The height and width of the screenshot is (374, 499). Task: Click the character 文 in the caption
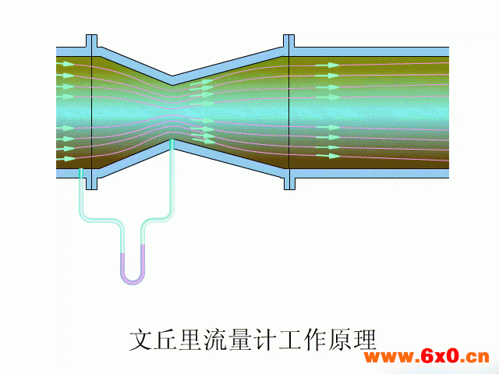[x=140, y=340]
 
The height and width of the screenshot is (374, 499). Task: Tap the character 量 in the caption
[x=239, y=340]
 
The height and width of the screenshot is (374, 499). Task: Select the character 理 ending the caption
[x=365, y=340]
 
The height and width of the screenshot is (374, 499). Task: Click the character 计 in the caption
[x=264, y=340]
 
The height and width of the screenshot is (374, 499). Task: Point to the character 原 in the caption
[x=340, y=340]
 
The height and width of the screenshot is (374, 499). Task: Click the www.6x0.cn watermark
[x=426, y=357]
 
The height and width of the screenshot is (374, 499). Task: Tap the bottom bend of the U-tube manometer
[x=133, y=279]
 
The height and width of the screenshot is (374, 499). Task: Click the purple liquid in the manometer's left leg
[x=123, y=264]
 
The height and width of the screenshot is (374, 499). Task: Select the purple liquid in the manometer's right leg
[x=142, y=260]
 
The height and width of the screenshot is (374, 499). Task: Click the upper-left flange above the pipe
[x=92, y=41]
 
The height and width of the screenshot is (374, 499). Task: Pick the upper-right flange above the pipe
[x=289, y=41]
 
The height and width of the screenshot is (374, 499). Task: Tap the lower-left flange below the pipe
[x=92, y=184]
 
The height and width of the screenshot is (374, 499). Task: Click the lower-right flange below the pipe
[x=289, y=184]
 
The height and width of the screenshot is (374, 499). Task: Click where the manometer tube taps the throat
[x=172, y=140]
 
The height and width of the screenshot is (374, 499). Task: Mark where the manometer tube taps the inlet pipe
[x=81, y=169]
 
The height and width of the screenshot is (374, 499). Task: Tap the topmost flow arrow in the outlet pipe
[x=327, y=65]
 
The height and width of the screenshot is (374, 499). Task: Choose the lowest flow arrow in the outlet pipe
[x=328, y=156]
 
